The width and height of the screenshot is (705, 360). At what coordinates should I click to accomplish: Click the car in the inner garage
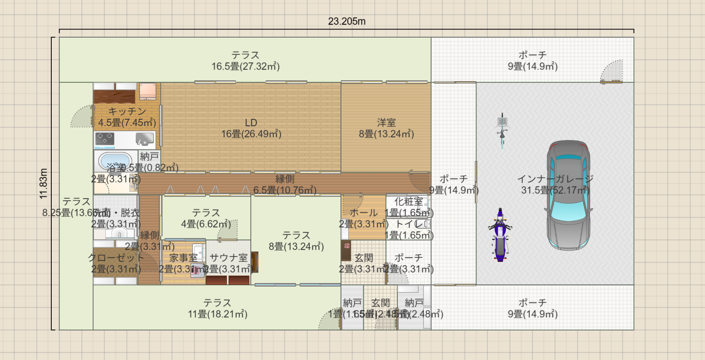[x=569, y=195]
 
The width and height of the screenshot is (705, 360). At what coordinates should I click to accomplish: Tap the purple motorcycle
[x=500, y=235]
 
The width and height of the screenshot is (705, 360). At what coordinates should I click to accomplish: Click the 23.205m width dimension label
[x=347, y=21]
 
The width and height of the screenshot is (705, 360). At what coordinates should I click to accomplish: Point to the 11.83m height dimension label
[x=43, y=184]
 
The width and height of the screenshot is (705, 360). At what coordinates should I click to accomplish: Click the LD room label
[x=251, y=123]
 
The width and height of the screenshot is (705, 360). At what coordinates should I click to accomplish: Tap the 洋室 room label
[x=386, y=123]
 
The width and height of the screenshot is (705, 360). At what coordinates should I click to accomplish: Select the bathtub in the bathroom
[x=115, y=161]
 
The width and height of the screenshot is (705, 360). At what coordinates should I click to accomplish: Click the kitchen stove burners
[x=105, y=139]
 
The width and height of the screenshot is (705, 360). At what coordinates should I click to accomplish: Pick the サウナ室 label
[x=229, y=258]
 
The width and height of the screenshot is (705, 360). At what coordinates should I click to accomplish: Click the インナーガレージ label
[x=555, y=179]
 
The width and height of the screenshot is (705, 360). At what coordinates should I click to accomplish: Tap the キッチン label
[x=127, y=111]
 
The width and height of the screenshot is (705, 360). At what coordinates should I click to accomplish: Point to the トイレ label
[x=409, y=224]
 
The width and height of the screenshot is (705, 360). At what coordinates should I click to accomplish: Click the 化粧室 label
[x=408, y=202]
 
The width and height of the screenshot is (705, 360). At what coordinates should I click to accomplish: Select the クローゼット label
[x=116, y=258]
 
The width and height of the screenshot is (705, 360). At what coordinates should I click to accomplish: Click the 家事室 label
[x=183, y=258]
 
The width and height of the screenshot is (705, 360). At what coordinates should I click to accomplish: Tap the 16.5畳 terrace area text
[x=245, y=67]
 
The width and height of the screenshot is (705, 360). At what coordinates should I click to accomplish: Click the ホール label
[x=364, y=213]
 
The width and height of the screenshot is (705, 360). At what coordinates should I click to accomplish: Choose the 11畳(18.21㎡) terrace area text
[x=217, y=314]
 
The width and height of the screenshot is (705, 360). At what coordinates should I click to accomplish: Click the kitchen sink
[x=145, y=139]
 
